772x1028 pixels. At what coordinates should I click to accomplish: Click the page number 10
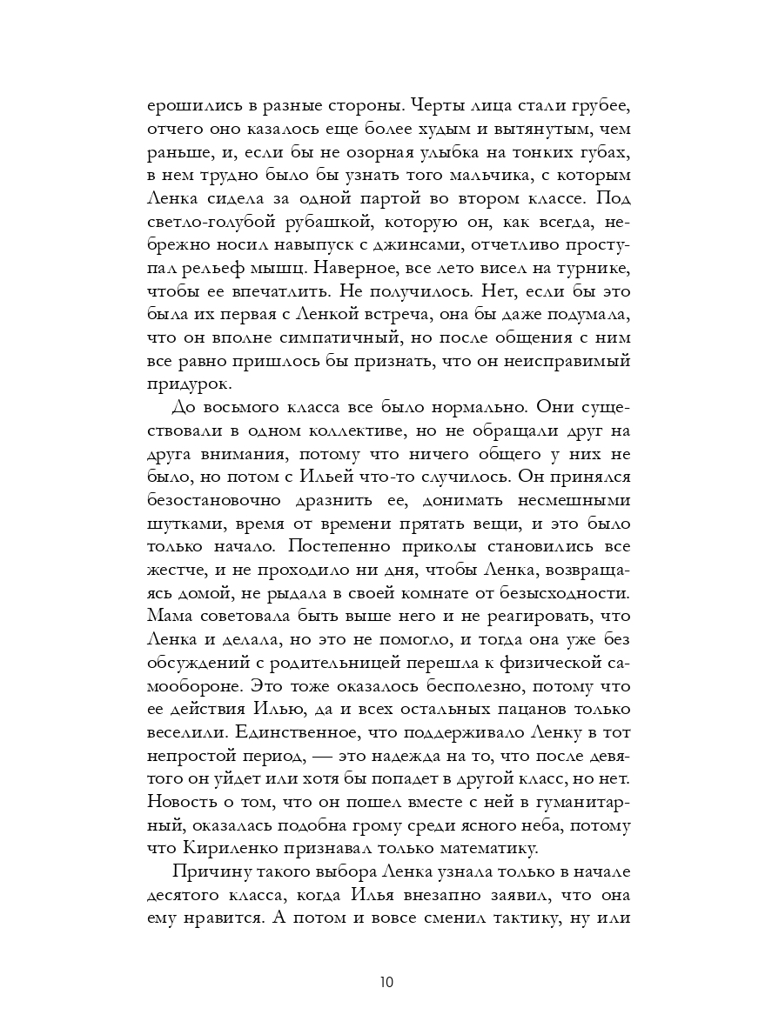pos(386,983)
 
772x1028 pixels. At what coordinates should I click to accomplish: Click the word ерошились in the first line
pos(189,108)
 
